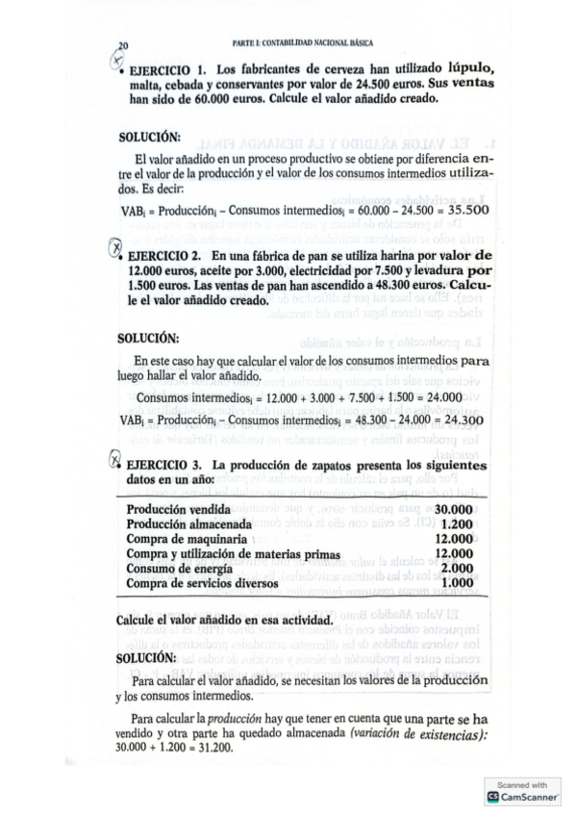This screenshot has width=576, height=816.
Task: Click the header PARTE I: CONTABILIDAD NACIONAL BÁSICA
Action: (x=303, y=43)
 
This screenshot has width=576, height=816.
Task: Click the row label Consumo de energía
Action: (x=181, y=568)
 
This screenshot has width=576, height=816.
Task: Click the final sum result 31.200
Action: (x=213, y=748)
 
